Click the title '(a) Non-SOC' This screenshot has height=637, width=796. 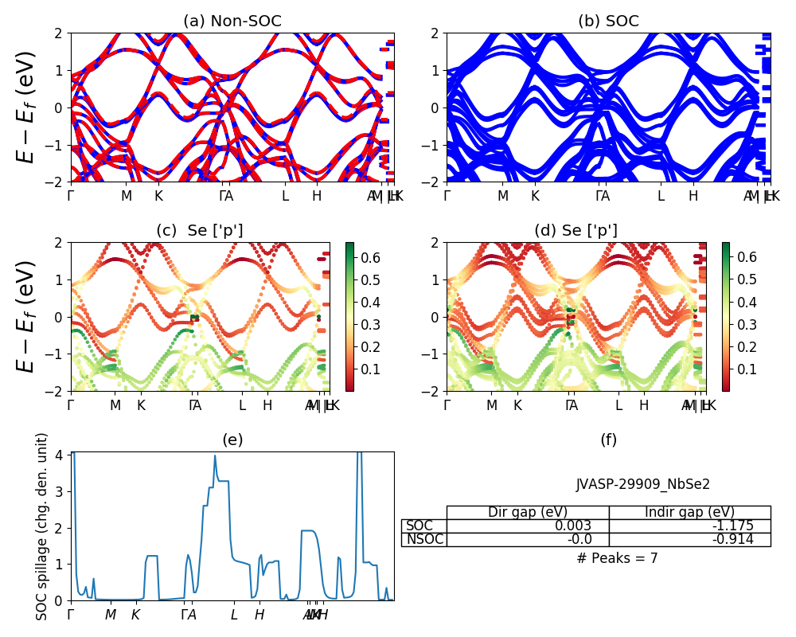(x=232, y=21)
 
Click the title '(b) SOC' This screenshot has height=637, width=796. (x=608, y=21)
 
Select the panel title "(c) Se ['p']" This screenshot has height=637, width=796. (x=200, y=231)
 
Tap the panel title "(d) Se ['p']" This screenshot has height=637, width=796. (x=576, y=231)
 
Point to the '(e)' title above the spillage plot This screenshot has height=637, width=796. (x=232, y=440)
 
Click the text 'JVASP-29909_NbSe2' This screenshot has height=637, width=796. (x=642, y=484)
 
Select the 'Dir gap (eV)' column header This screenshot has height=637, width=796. (x=528, y=513)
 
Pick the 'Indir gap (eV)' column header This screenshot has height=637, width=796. (x=689, y=513)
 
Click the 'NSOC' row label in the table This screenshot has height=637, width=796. (x=423, y=540)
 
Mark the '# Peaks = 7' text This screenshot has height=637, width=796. (x=617, y=558)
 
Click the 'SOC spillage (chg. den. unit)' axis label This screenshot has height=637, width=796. (x=42, y=526)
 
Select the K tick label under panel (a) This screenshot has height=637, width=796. (x=158, y=196)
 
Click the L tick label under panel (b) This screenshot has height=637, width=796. (x=660, y=196)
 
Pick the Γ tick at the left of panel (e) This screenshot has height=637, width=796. (x=71, y=615)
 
